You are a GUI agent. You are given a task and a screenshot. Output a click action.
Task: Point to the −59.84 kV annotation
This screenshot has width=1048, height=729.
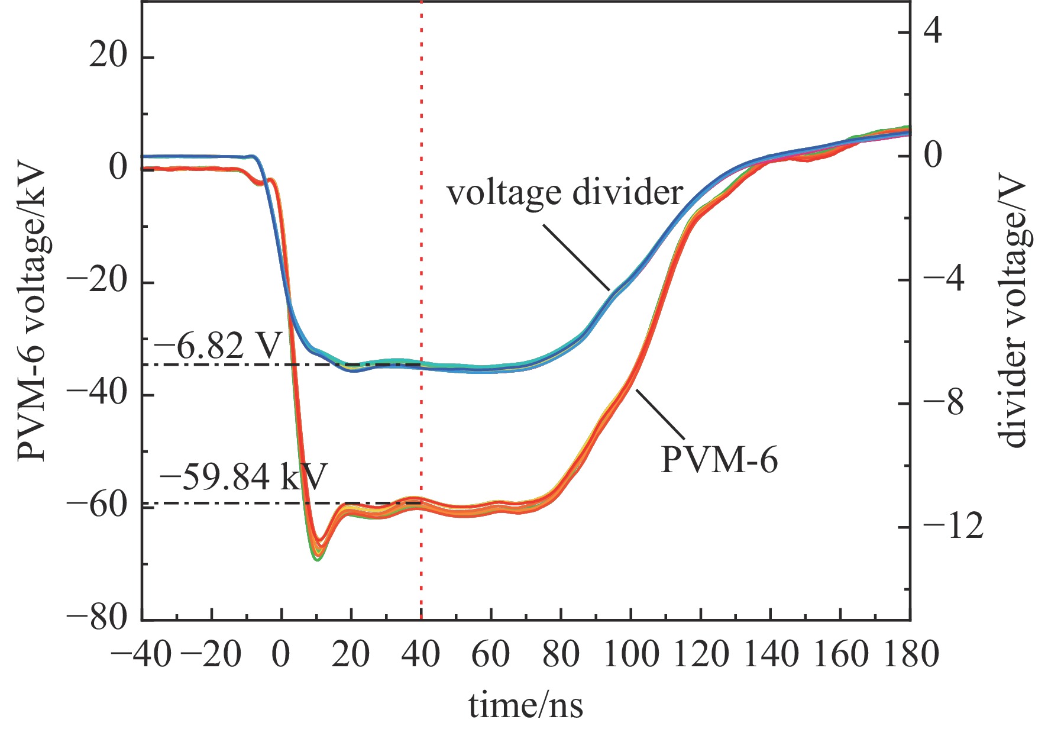[x=243, y=477]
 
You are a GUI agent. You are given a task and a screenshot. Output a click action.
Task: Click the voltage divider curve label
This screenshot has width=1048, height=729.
[x=565, y=193]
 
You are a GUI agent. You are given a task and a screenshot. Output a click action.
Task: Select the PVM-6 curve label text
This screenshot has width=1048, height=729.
[x=719, y=460]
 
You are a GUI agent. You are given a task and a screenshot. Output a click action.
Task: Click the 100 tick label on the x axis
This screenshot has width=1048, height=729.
[x=630, y=655]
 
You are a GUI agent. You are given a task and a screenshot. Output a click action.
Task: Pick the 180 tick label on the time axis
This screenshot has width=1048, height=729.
[x=910, y=655]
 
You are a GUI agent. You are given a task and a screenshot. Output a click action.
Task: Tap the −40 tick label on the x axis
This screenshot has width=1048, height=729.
[x=142, y=655]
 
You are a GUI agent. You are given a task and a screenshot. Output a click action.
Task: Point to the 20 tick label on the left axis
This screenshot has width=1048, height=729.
[x=108, y=57]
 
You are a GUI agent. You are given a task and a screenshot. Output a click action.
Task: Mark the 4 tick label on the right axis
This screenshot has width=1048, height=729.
[x=933, y=31]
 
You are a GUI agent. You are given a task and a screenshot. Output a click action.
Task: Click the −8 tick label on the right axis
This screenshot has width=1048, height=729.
[x=944, y=403]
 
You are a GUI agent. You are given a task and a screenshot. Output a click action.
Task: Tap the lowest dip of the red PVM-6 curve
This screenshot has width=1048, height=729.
[x=318, y=558]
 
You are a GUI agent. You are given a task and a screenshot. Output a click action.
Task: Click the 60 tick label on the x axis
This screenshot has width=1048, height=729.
[x=491, y=655]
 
